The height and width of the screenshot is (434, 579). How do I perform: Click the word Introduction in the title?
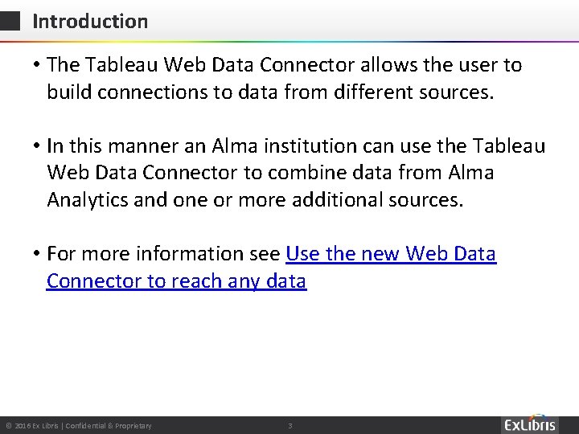[90, 22]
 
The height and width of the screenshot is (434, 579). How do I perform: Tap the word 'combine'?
[307, 173]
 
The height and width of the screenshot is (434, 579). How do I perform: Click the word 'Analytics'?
[89, 199]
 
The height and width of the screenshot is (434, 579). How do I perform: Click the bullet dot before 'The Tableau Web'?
[36, 65]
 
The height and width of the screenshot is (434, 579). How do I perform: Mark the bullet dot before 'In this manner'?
[36, 147]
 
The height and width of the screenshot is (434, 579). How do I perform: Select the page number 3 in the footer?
[290, 424]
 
